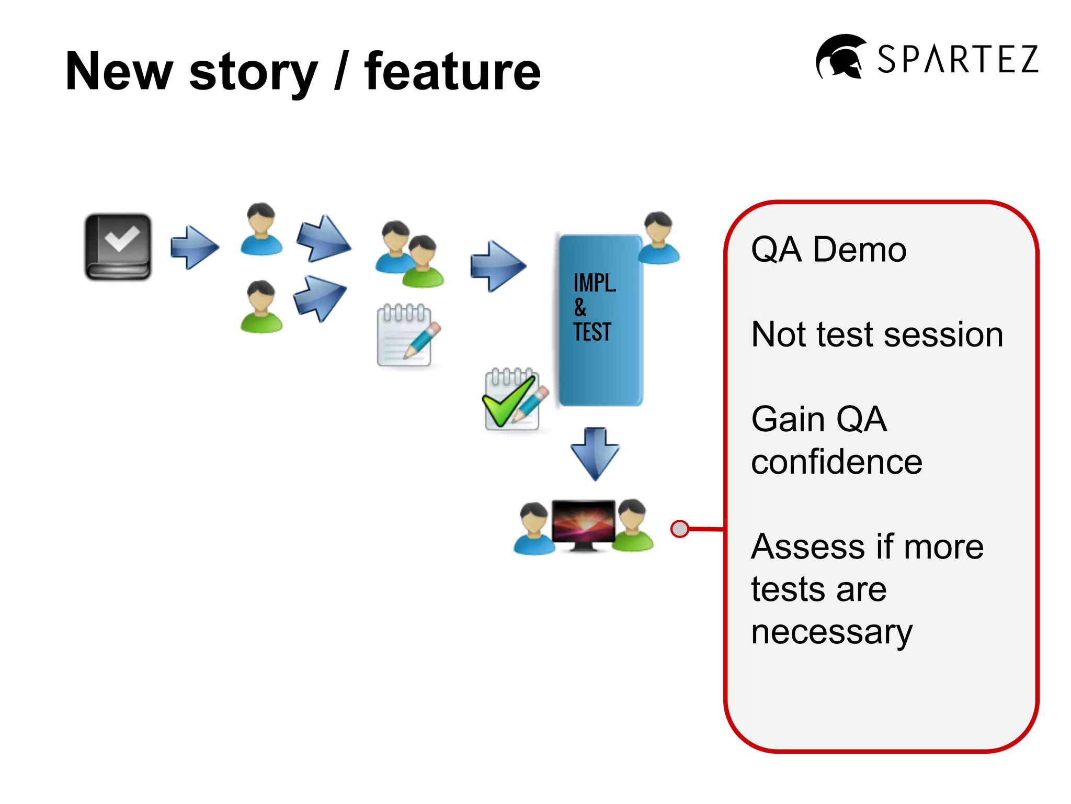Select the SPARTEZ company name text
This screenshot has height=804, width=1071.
[x=958, y=59]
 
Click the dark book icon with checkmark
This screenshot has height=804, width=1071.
[x=118, y=247]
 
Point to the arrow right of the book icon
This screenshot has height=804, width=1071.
[x=195, y=248]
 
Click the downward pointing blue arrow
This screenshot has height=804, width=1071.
[x=595, y=453]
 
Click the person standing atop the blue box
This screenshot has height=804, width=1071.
[x=658, y=238]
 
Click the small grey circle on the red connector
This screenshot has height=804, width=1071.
[x=679, y=529]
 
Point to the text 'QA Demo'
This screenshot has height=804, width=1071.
[x=828, y=249]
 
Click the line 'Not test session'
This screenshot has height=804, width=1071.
[x=877, y=334]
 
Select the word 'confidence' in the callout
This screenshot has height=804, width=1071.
[x=836, y=462]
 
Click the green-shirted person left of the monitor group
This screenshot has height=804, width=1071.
[x=261, y=307]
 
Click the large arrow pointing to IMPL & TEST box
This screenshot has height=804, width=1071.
[x=497, y=266]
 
